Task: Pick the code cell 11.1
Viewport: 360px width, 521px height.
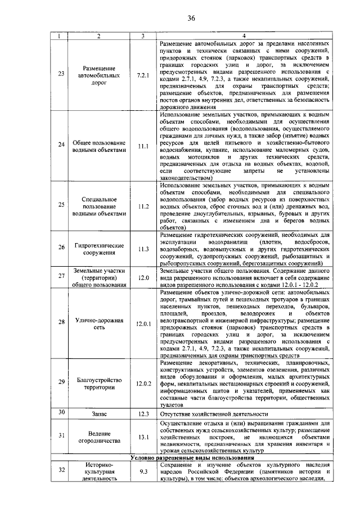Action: click(143, 146)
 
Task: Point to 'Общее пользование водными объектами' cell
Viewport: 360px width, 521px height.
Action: click(98, 146)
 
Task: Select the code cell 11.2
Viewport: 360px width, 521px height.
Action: click(143, 206)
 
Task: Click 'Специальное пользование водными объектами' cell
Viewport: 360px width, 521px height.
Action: click(98, 206)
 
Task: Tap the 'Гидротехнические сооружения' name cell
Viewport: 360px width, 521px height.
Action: click(98, 249)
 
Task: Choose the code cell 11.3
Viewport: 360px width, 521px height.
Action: click(143, 249)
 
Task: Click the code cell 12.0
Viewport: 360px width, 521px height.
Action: click(143, 277)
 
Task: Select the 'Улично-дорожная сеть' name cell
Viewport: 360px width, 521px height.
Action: click(98, 324)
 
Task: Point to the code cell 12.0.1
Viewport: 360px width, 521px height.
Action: click(143, 324)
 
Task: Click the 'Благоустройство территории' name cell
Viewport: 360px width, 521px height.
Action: click(98, 384)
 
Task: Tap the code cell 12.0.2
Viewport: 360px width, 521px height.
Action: click(143, 384)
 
